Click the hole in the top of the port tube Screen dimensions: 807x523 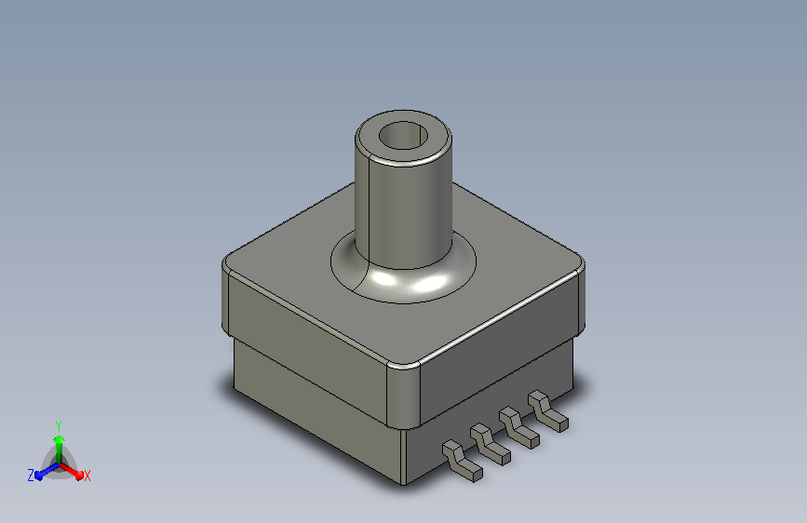pos(404,135)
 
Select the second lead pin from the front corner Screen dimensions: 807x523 pos(491,444)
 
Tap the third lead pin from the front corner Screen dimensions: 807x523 pos(519,428)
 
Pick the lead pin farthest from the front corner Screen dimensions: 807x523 pos(548,410)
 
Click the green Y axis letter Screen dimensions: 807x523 pos(59,426)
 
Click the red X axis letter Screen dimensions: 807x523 pos(87,476)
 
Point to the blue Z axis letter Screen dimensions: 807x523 pos(31,476)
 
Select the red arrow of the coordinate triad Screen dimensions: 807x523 pos(72,471)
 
